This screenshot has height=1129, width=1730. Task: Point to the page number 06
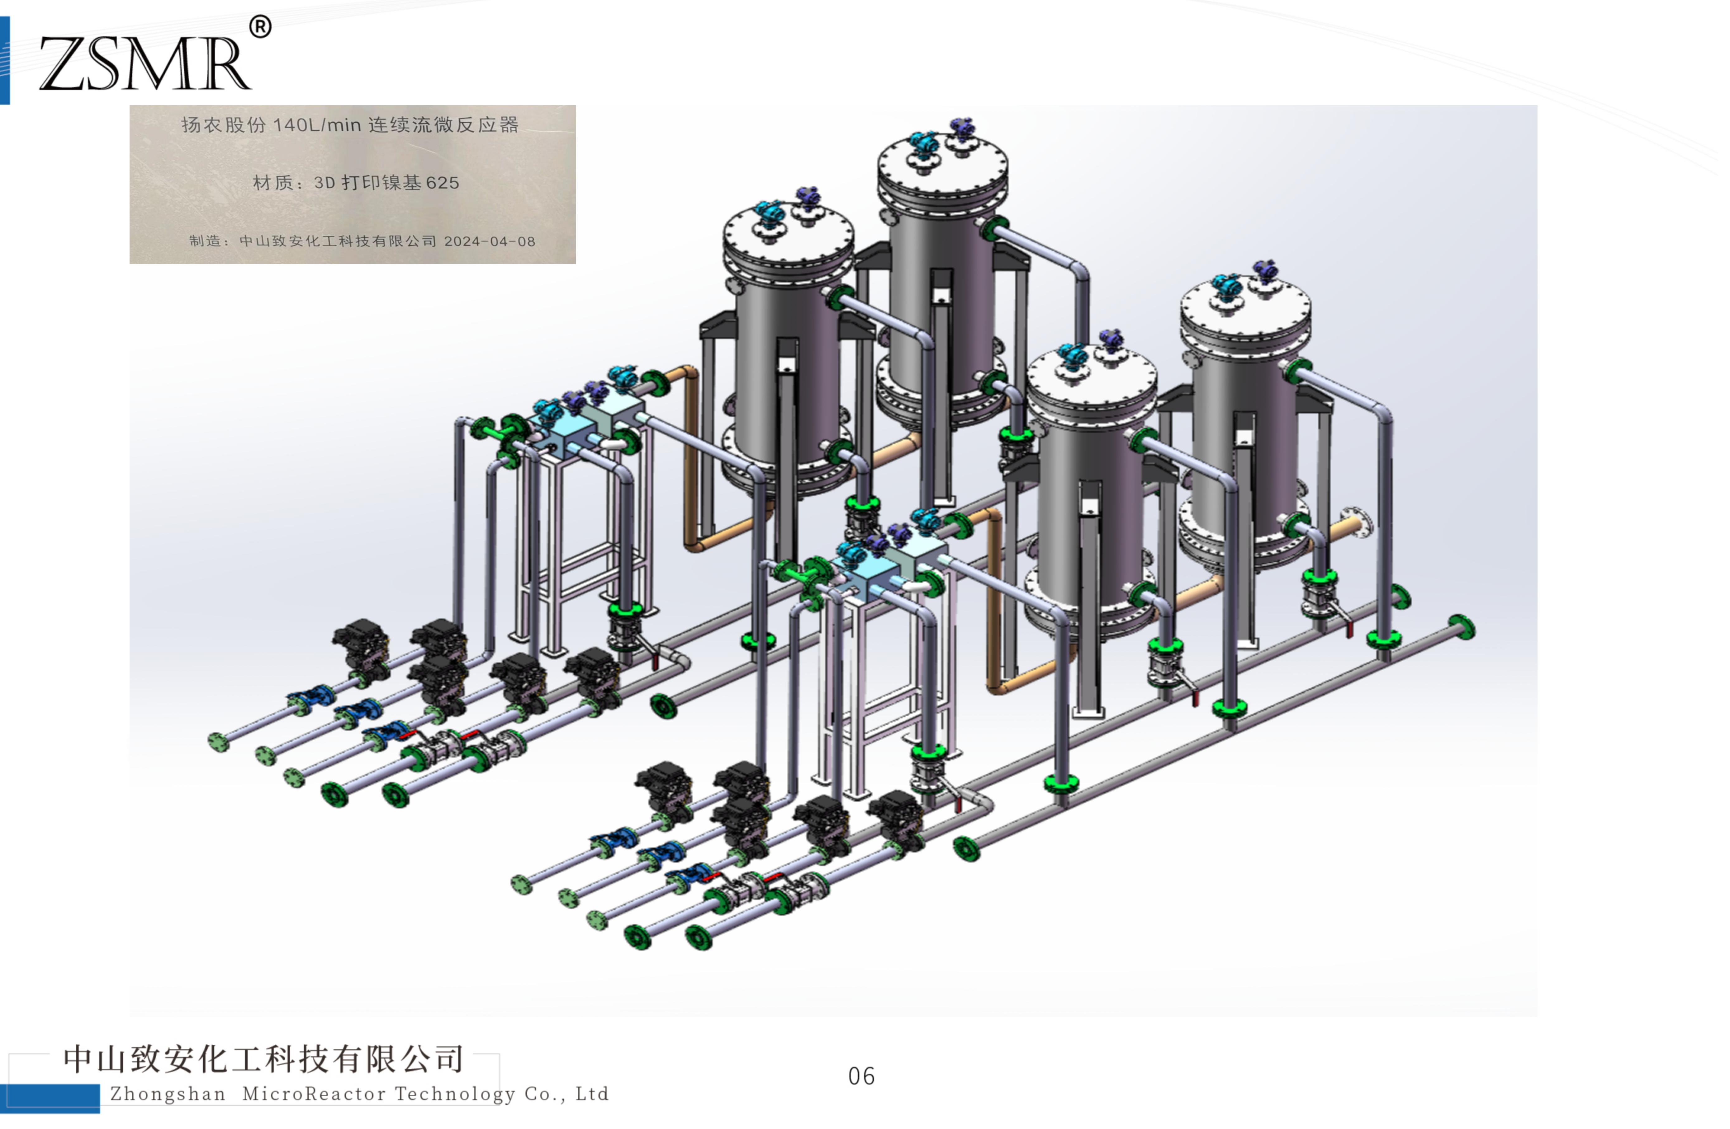861,1076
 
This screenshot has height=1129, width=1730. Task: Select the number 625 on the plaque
443,182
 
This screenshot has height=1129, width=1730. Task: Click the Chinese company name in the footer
263,1059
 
